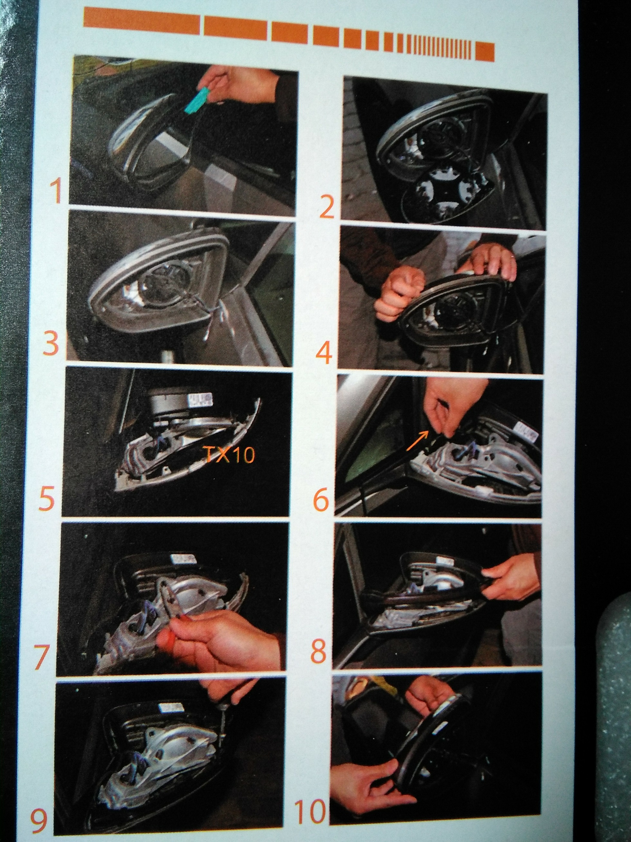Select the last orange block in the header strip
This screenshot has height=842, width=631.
click(485, 52)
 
